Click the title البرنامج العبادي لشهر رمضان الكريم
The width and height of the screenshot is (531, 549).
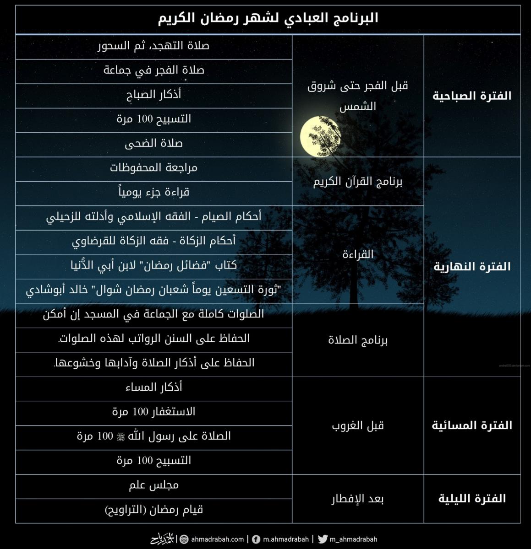pos(268,18)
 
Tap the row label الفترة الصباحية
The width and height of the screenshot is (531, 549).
pos(472,96)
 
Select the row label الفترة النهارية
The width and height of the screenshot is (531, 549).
pos(472,267)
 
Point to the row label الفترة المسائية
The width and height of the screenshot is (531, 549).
pos(472,425)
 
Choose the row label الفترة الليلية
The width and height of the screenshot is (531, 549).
pos(472,499)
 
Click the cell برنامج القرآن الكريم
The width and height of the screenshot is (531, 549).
pos(358,182)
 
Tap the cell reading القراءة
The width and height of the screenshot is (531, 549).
pos(358,254)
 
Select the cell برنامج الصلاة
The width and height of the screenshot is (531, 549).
pos(358,340)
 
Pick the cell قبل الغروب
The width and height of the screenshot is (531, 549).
pos(358,425)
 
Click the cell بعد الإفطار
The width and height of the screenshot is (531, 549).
pos(358,499)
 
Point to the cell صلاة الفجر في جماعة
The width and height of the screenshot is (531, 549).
pos(154,70)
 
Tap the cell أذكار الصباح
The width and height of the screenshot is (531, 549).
pos(154,95)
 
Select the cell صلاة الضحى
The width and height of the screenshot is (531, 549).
pos(154,144)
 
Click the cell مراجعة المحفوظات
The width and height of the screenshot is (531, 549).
pos(154,168)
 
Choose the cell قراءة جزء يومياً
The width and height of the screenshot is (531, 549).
pos(154,192)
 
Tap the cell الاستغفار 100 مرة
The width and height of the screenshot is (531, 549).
pos(154,412)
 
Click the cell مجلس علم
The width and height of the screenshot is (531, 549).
pos(154,485)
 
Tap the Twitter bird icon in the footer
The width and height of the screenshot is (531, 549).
pos(322,539)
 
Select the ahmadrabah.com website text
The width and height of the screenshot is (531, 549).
pos(217,539)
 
